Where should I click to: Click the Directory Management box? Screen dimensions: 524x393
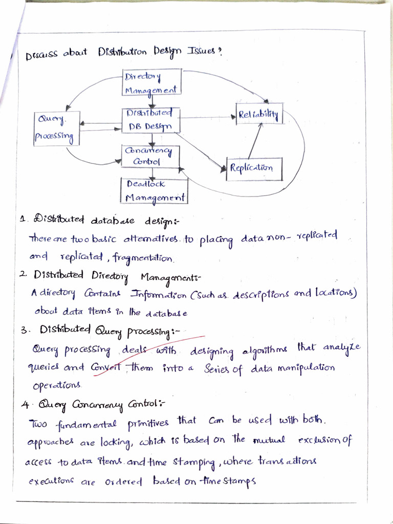pyautogui.click(x=152, y=83)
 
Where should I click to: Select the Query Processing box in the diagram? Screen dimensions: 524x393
pyautogui.click(x=56, y=128)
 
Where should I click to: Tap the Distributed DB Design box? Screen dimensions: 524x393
pyautogui.click(x=150, y=120)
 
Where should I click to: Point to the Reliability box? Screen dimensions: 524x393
pyautogui.click(x=258, y=114)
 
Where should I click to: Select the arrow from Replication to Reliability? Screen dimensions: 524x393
pyautogui.click(x=255, y=141)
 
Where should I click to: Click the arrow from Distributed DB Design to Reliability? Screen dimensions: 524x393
pyautogui.click(x=207, y=118)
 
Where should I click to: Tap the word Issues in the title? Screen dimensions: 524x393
pyautogui.click(x=202, y=53)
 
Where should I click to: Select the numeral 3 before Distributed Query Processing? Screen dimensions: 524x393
pyautogui.click(x=24, y=331)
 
